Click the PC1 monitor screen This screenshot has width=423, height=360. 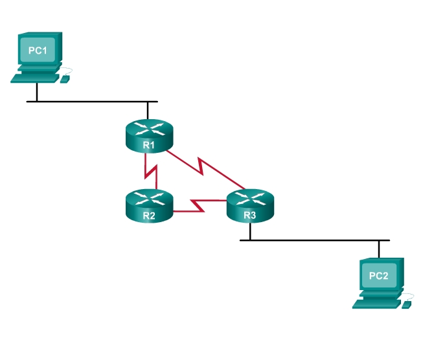(38, 51)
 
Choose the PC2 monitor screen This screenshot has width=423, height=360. (379, 276)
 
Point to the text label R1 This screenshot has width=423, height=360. (149, 145)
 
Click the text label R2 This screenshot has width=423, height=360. (149, 216)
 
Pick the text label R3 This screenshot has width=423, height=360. (251, 216)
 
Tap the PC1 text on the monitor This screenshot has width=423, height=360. (38, 50)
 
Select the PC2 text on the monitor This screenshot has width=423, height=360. (379, 276)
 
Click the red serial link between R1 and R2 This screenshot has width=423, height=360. (150, 172)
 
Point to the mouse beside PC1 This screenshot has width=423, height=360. (65, 78)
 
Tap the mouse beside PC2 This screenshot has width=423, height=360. (407, 304)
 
